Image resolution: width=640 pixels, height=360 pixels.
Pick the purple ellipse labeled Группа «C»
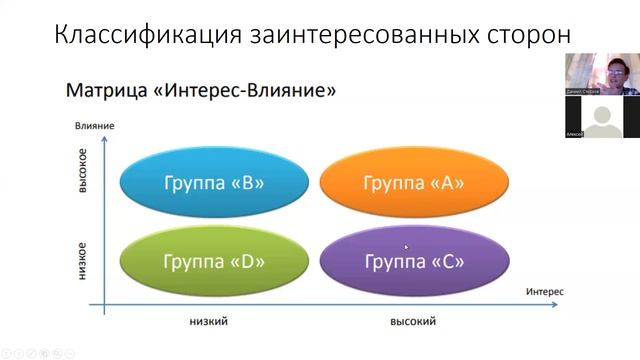[413, 262]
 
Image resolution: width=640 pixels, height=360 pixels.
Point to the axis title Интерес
[544, 290]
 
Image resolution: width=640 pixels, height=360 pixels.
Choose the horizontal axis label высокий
[413, 321]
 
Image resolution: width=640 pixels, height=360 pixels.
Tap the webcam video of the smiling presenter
[602, 74]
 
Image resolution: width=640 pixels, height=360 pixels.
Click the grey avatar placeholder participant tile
[602, 118]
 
